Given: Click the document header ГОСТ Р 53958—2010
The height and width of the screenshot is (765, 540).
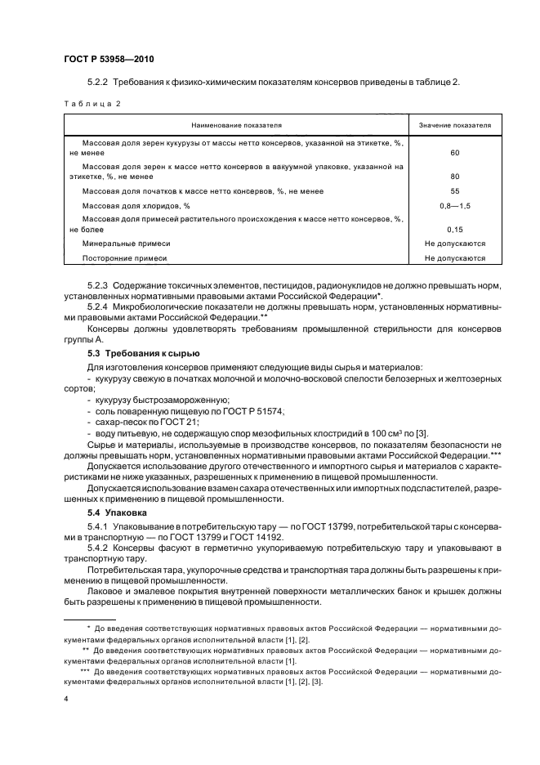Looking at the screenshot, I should (x=108, y=60).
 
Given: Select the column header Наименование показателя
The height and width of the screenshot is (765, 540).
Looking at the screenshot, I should (x=236, y=125).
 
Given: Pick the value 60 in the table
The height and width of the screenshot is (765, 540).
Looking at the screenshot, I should (x=454, y=153).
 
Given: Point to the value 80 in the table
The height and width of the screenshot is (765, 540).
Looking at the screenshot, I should (x=454, y=176).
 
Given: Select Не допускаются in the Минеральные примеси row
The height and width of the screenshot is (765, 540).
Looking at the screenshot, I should (x=455, y=244).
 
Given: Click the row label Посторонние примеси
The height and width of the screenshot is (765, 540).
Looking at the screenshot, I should (x=124, y=258).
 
